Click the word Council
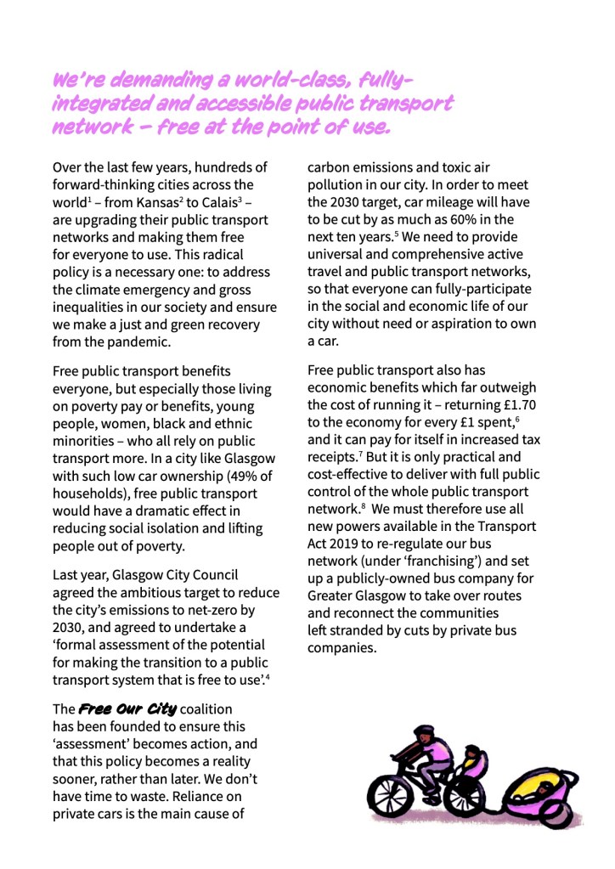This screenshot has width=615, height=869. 212,575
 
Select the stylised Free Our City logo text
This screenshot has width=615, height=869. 128,708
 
